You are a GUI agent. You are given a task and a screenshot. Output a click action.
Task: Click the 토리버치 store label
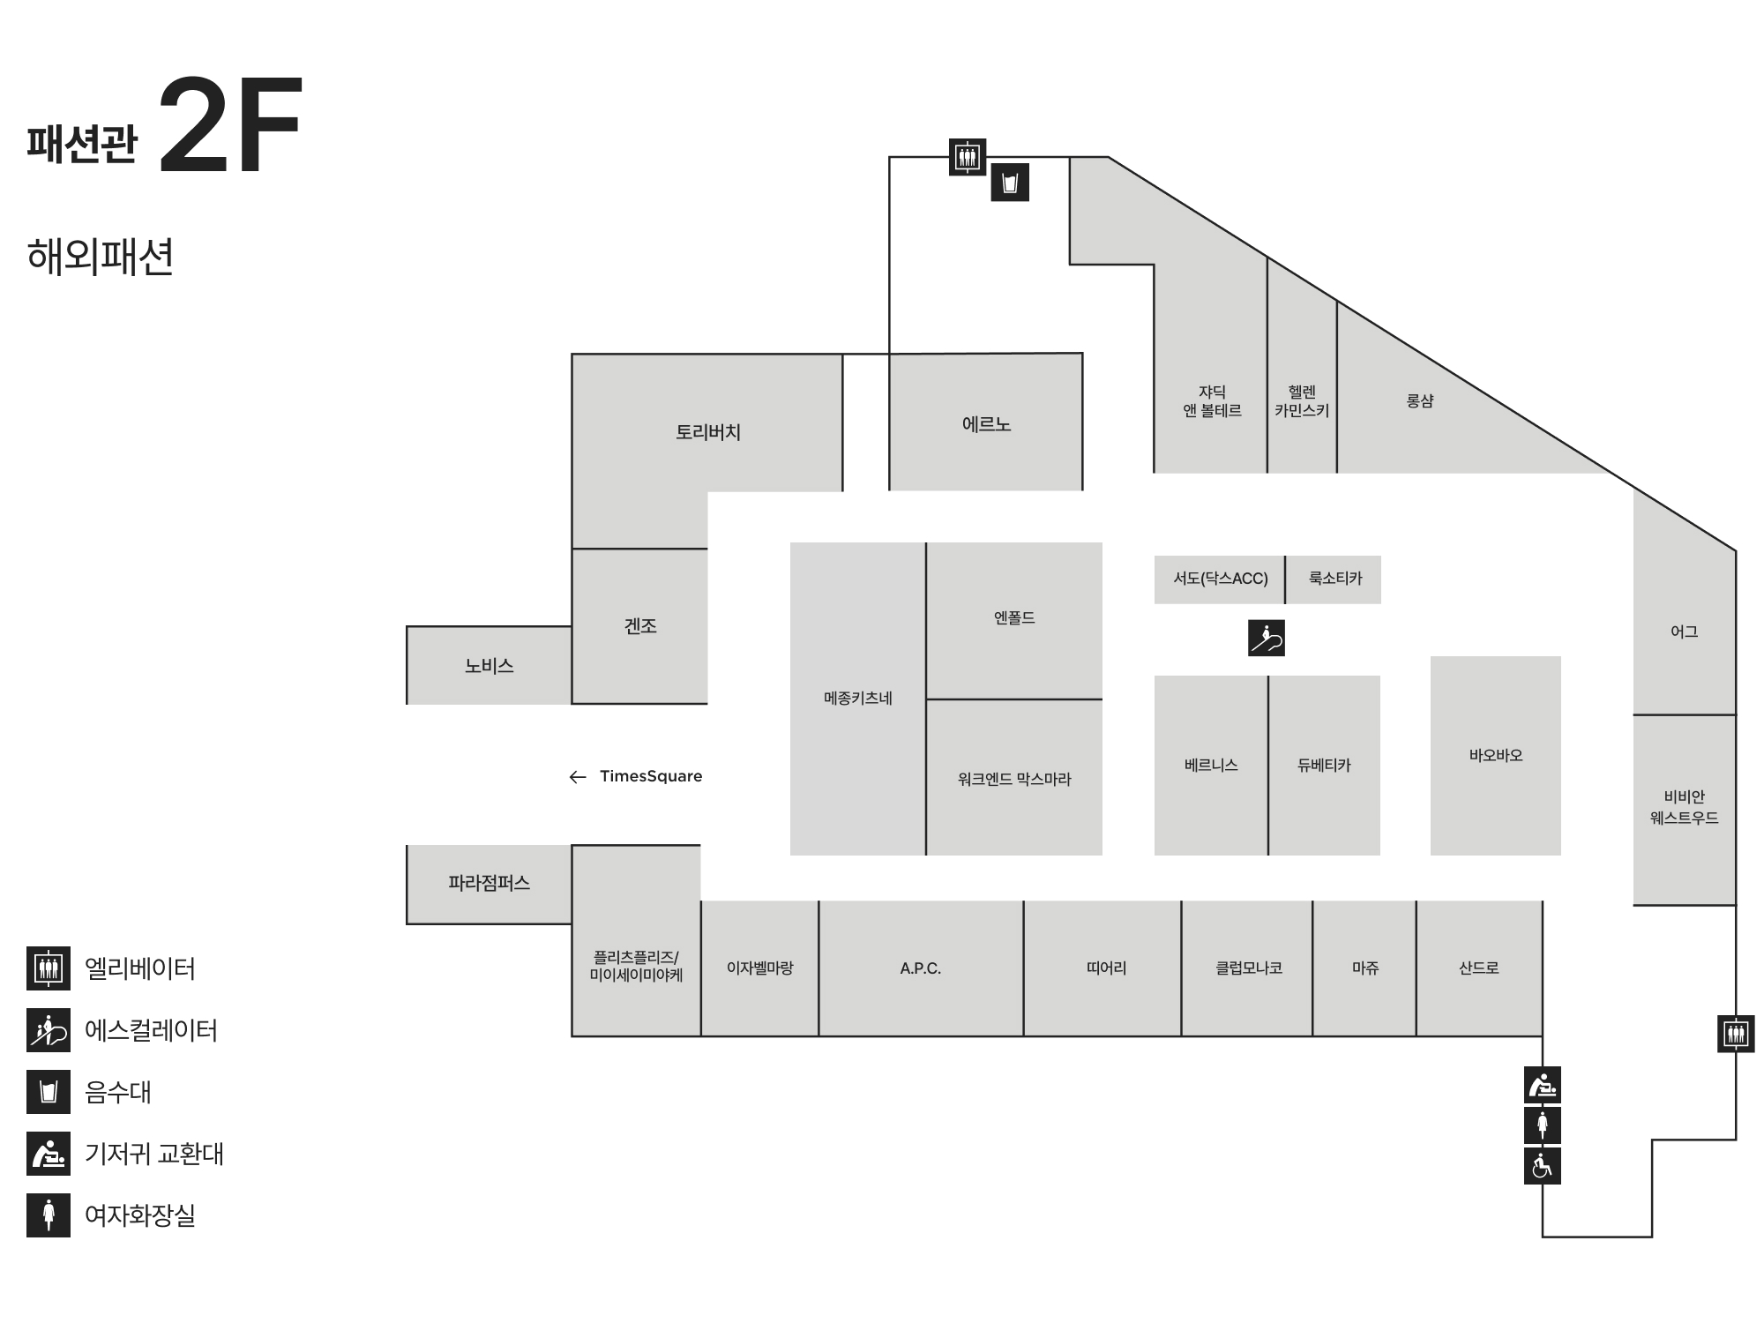point(707,432)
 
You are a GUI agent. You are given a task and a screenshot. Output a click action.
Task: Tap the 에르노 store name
point(986,424)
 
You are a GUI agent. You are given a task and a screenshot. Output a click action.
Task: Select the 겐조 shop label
point(640,626)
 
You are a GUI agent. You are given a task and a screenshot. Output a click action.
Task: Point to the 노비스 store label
point(489,666)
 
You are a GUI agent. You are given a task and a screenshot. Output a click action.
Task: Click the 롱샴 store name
point(1420,400)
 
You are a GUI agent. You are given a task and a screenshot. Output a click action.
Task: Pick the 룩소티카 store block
point(1334,579)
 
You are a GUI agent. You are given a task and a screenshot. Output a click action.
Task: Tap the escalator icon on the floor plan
point(1267,638)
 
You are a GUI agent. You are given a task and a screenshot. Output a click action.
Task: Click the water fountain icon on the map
point(1010,183)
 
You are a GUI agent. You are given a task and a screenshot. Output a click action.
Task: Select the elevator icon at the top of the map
point(968,157)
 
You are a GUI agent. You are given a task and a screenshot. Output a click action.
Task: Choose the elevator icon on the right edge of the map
point(1736,1033)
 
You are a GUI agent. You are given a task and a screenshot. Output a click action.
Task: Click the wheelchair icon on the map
point(1542,1166)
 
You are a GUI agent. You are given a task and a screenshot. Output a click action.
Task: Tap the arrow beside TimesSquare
point(578,777)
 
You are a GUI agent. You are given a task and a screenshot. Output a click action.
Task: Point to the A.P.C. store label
point(920,968)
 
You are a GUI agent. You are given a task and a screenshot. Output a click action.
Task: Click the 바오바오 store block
point(1495,755)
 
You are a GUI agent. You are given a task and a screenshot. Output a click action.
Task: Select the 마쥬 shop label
point(1364,968)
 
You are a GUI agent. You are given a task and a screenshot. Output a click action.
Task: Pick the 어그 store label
point(1684,632)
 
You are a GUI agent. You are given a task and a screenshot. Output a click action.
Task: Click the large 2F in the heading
point(230,125)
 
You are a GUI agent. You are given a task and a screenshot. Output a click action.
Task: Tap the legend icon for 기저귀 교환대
point(49,1154)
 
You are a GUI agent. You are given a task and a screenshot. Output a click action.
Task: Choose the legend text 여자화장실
point(139,1215)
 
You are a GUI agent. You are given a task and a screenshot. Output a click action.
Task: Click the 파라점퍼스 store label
point(489,883)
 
